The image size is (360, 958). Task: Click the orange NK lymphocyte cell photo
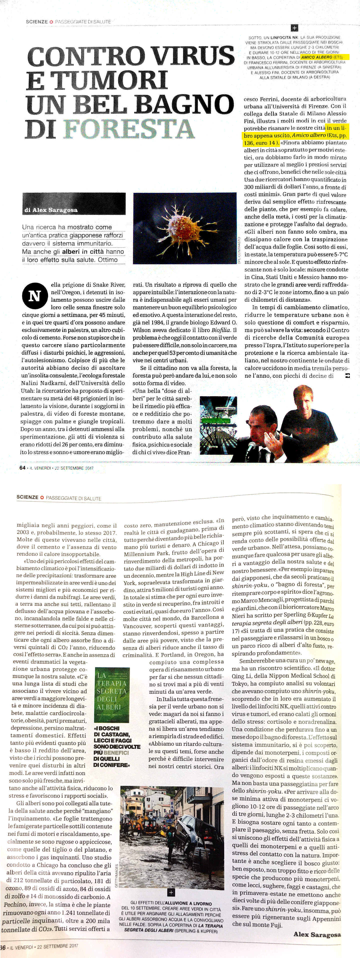[184, 228]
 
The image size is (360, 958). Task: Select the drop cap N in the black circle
[34, 296]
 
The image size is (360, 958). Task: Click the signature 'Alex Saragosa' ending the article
[317, 934]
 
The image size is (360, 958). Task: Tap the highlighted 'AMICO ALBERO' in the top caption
[316, 57]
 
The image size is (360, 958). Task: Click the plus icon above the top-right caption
[294, 28]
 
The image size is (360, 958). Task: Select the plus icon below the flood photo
[171, 892]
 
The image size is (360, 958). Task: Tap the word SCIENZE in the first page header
[36, 22]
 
